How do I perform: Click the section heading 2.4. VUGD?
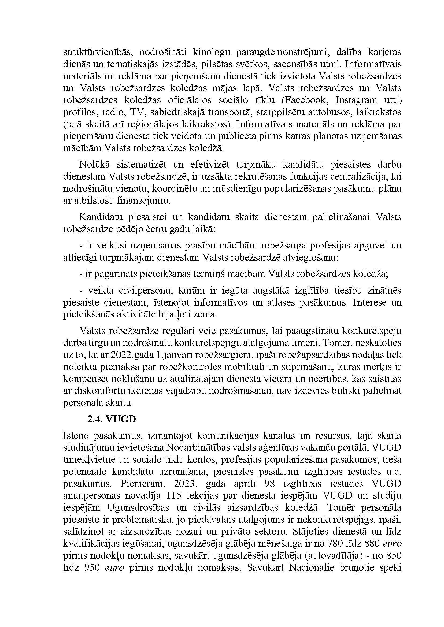[x=112, y=419]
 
